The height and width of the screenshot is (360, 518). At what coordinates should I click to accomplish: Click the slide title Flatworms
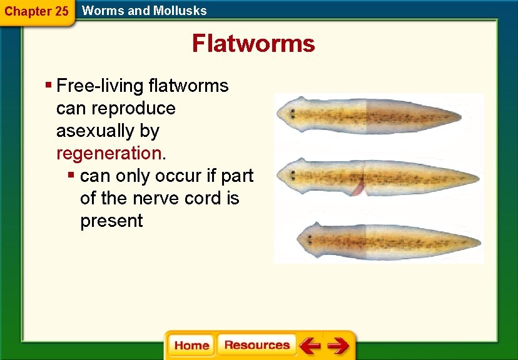(x=253, y=44)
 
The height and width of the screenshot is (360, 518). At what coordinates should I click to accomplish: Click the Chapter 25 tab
(x=36, y=11)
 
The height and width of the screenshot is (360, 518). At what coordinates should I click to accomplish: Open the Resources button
(x=256, y=345)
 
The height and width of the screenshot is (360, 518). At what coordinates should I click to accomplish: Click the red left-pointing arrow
(x=309, y=345)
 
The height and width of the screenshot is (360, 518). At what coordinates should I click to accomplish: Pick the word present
(x=111, y=221)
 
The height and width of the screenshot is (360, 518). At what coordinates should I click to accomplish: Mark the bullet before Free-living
(x=48, y=84)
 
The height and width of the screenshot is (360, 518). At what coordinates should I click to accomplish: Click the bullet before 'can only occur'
(x=72, y=175)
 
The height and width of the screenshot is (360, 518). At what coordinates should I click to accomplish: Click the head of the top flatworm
(x=292, y=112)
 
